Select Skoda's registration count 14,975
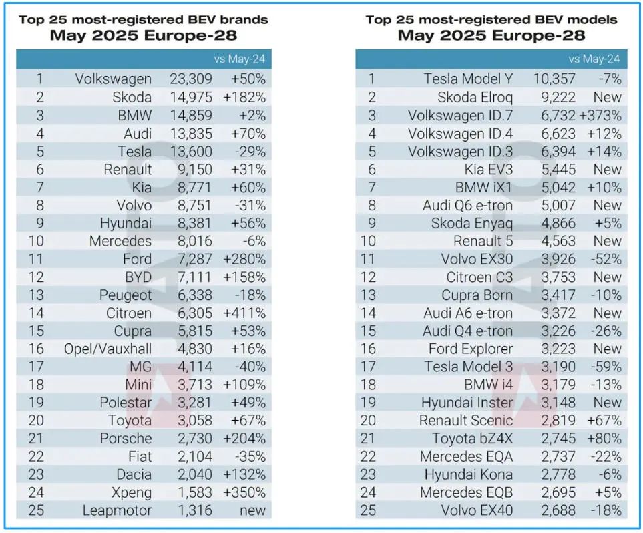tap(190, 98)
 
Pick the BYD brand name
tap(135, 277)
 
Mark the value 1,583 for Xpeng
tap(194, 493)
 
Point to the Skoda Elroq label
tap(475, 98)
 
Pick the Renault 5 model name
tap(483, 241)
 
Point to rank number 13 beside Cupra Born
tap(373, 295)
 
